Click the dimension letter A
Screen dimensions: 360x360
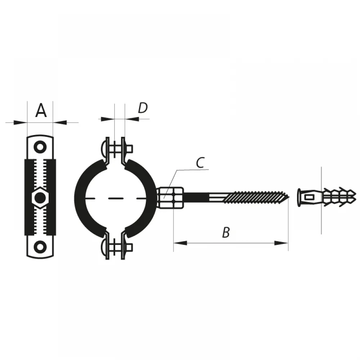[x=41, y=111]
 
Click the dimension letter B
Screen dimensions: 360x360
[x=226, y=232]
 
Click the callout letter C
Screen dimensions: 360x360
[x=200, y=163]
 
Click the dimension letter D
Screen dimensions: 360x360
[x=143, y=108]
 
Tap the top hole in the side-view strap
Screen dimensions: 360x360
[x=40, y=147]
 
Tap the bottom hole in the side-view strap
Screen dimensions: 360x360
[x=40, y=247]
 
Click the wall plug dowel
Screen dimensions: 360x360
[x=327, y=197]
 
